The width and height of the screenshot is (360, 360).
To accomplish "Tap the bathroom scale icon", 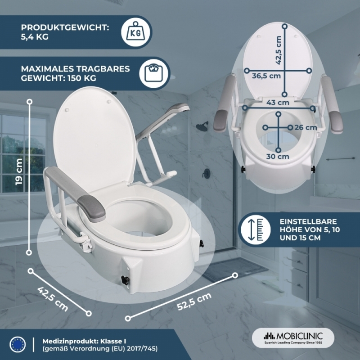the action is (x=154, y=73).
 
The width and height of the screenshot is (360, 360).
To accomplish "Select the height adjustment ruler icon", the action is (x=256, y=229).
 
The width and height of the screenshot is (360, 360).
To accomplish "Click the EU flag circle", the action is (x=18, y=344).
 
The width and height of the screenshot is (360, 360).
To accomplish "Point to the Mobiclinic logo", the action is (x=293, y=338).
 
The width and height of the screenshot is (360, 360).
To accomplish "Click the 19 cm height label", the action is (x=19, y=171).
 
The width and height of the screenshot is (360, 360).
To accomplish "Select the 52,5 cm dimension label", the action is (x=194, y=301).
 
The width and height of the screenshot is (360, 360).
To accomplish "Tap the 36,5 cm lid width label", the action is (x=266, y=76).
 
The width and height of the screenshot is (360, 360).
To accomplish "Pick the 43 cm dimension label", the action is (x=278, y=103).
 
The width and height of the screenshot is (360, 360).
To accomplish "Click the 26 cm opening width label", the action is (x=306, y=127).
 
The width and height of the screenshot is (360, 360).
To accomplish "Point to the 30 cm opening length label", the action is (x=278, y=156).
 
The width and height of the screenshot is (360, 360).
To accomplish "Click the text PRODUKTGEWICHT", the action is (x=65, y=27).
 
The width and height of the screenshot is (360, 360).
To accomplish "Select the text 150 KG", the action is (x=82, y=78).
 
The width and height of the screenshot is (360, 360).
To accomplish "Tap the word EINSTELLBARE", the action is (x=308, y=221).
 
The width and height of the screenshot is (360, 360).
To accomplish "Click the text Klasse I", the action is (x=113, y=341).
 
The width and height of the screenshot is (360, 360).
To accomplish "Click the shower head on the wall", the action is (x=202, y=126).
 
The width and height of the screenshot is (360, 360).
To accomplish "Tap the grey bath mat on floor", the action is (x=232, y=269).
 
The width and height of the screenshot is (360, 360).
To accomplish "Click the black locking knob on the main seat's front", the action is (x=126, y=280).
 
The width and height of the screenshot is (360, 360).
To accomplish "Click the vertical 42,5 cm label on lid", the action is (x=278, y=50).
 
